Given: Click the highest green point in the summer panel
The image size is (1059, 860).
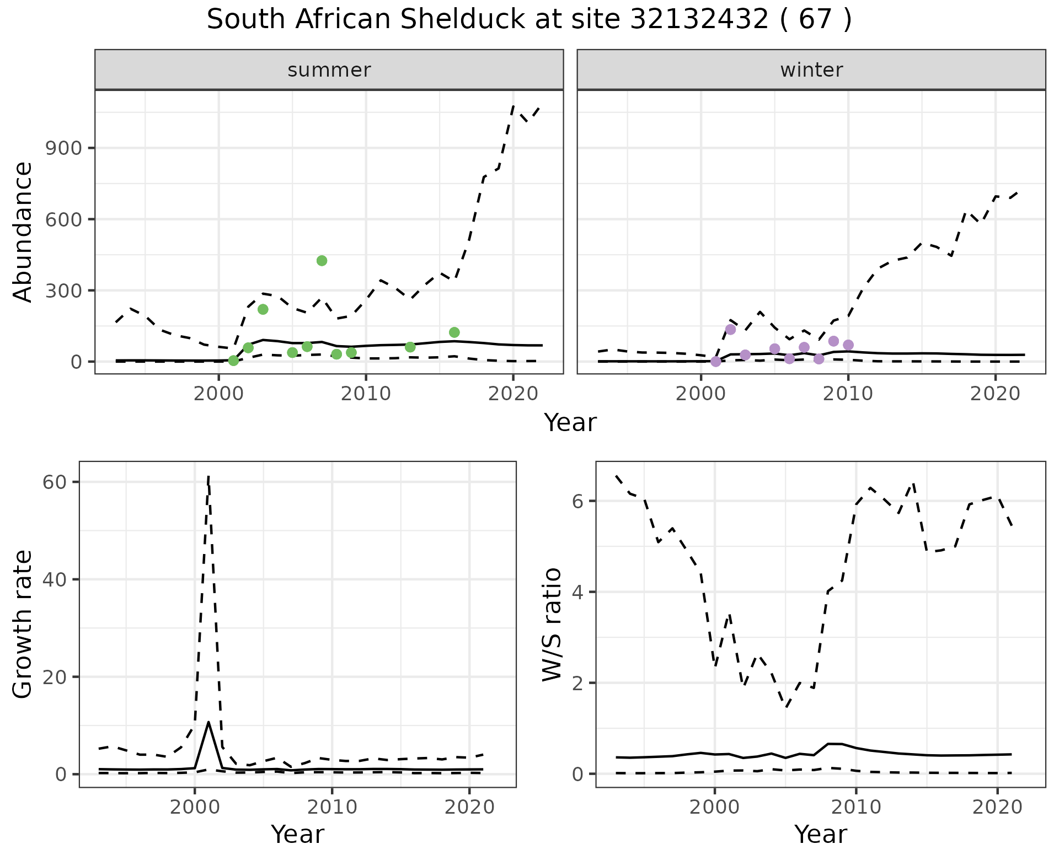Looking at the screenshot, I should coord(322,261).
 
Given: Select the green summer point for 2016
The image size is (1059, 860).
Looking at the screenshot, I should coord(454,332).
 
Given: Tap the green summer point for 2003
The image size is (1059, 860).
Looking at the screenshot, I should coord(263,309).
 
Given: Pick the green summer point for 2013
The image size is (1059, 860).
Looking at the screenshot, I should coord(410,347).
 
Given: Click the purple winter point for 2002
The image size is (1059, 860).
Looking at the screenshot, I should coord(730,330).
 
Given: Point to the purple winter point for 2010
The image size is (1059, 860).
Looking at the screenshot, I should coord(848,345).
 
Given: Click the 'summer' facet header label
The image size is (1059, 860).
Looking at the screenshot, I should coord(329,70).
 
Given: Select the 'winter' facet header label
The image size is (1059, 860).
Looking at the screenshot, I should coord(811,70).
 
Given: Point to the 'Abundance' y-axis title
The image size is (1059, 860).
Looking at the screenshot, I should coord(23,232).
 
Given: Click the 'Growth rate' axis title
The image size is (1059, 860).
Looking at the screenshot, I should coord(23,625).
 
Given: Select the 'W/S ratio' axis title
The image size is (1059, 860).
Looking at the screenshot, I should coord(552,625).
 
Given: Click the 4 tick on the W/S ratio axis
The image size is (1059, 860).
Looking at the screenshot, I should coord(576,592).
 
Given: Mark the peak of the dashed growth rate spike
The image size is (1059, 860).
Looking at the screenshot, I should coord(208,476).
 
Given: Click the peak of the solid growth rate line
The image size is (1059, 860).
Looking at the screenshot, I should coord(208,722).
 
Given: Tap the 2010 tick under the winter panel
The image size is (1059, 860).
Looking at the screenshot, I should coord(848,394).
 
